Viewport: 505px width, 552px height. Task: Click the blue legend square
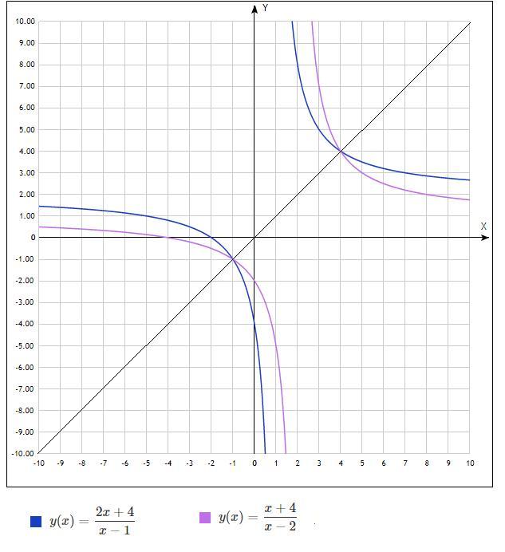[x=35, y=522]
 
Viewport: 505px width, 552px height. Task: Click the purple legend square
[x=205, y=518]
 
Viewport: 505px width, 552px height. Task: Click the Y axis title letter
[x=265, y=8]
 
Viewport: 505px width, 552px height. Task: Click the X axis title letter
[x=483, y=227]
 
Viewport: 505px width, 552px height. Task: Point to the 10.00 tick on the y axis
[x=25, y=22]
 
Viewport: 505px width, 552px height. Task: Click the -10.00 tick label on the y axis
[x=24, y=454]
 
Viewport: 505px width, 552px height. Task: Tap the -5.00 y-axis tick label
[x=25, y=346]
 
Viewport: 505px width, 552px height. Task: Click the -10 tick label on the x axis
[x=38, y=463]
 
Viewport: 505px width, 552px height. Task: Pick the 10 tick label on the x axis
[x=470, y=463]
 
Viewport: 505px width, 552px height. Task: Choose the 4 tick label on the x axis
[x=341, y=463]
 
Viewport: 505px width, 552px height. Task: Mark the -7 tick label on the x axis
[x=103, y=463]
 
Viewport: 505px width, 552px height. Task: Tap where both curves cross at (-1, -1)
[x=233, y=259]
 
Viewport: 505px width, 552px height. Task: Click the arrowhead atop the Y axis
[x=254, y=9]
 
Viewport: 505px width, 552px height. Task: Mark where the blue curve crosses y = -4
[x=254, y=324]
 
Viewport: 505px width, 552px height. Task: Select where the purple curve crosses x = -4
[x=168, y=238]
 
